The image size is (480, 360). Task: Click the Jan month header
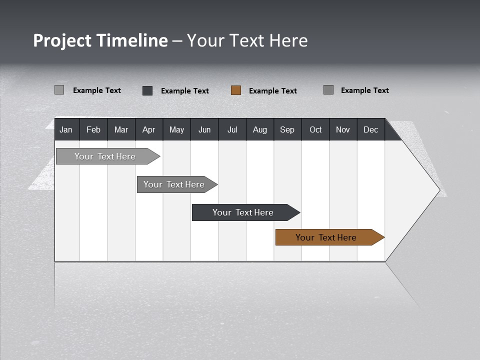(x=66, y=129)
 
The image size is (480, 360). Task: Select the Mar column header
(x=121, y=129)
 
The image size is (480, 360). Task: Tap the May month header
(x=176, y=129)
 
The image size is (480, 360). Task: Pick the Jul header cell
(x=232, y=129)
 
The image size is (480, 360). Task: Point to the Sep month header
(x=287, y=129)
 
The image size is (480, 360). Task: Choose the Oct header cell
(x=315, y=129)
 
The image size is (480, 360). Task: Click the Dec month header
(x=370, y=129)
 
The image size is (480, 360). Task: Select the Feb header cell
(x=93, y=129)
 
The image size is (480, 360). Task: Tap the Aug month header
(x=259, y=129)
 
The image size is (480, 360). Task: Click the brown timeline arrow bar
(x=326, y=237)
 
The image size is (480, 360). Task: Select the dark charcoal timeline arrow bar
(x=243, y=212)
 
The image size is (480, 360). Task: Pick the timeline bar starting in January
(x=105, y=156)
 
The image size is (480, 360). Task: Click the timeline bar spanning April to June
(x=174, y=184)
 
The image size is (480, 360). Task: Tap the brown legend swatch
(x=236, y=90)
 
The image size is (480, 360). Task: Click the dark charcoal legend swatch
(x=147, y=90)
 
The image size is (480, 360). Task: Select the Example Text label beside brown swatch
(x=273, y=90)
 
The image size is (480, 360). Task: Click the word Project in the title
(x=62, y=40)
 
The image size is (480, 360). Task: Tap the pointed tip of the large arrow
(x=439, y=190)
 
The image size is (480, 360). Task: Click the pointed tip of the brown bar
(x=383, y=237)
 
